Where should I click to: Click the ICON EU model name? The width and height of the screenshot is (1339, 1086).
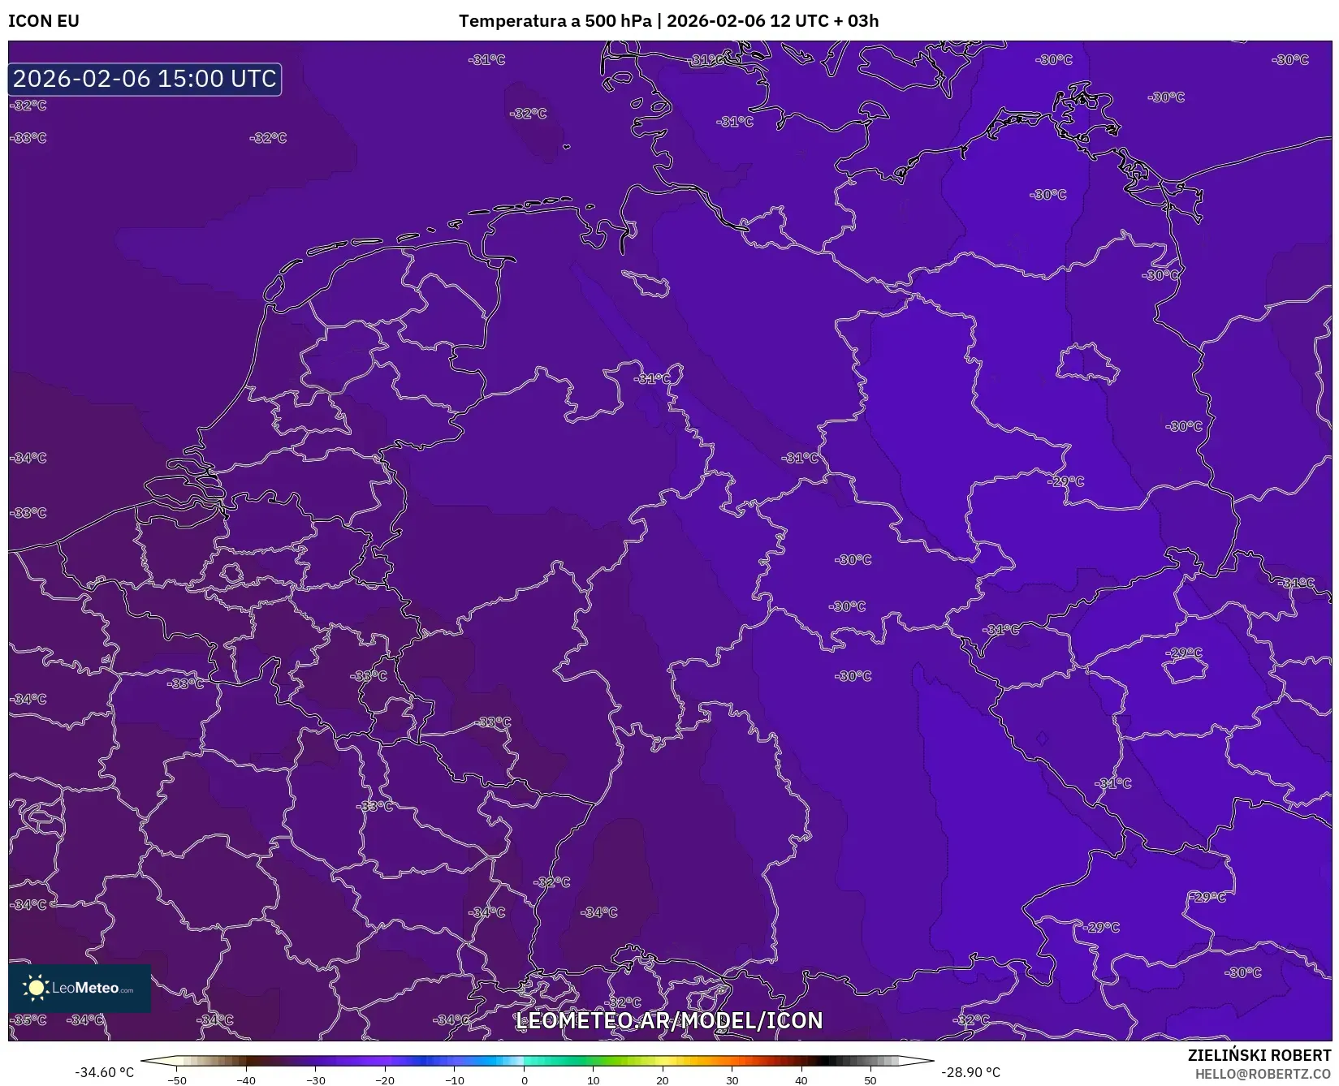pyautogui.click(x=44, y=21)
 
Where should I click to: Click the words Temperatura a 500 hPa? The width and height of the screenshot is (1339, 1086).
pyautogui.click(x=555, y=21)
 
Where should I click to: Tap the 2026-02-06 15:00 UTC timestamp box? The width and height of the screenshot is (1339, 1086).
pyautogui.click(x=145, y=79)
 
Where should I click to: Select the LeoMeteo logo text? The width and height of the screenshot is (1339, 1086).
pyautogui.click(x=92, y=988)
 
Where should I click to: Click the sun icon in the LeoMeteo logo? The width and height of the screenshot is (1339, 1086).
pyautogui.click(x=36, y=988)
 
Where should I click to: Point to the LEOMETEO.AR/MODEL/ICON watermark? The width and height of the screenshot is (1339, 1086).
pyautogui.click(x=669, y=1020)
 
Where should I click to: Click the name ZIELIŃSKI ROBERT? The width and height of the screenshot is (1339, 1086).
pyautogui.click(x=1259, y=1055)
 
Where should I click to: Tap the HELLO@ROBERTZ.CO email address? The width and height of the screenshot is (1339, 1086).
pyautogui.click(x=1263, y=1074)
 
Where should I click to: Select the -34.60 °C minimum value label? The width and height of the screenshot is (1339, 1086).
pyautogui.click(x=104, y=1072)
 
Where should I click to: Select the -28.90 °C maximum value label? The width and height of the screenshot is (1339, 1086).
pyautogui.click(x=970, y=1072)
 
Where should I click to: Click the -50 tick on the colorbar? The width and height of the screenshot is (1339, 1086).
pyautogui.click(x=177, y=1080)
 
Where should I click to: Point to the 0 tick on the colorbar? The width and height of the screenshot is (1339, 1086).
pyautogui.click(x=525, y=1080)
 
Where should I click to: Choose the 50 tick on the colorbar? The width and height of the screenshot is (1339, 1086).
pyautogui.click(x=870, y=1080)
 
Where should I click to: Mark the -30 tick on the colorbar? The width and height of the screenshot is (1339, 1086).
pyautogui.click(x=315, y=1080)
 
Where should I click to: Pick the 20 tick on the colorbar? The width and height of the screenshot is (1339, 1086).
pyautogui.click(x=663, y=1080)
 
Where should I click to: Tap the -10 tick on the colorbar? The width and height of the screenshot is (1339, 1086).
pyautogui.click(x=454, y=1080)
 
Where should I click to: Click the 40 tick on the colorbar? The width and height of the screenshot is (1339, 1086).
pyautogui.click(x=801, y=1080)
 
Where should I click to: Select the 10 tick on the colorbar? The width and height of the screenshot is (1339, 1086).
pyautogui.click(x=594, y=1080)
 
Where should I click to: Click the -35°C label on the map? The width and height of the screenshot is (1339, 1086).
pyautogui.click(x=29, y=1019)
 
